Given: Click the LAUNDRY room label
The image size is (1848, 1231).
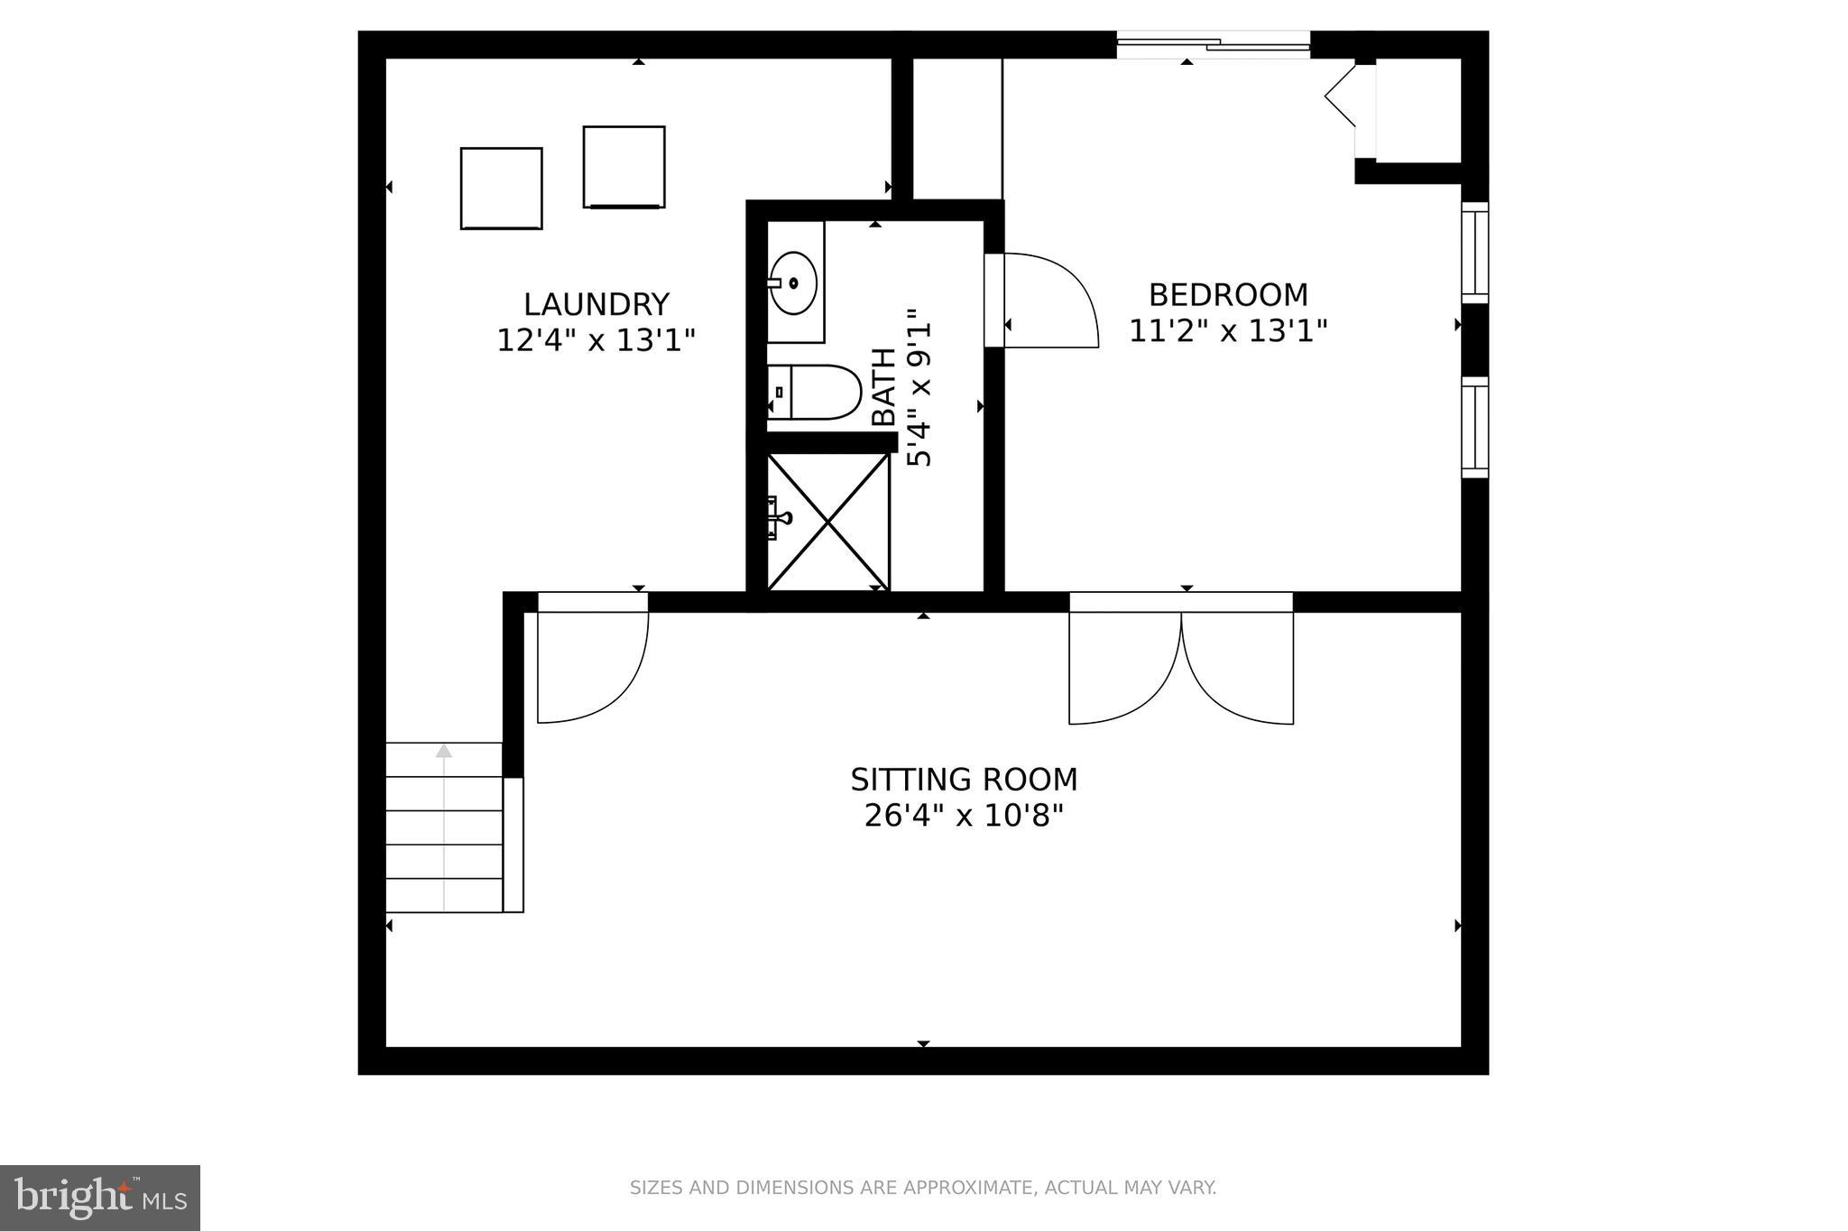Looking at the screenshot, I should coord(596,304).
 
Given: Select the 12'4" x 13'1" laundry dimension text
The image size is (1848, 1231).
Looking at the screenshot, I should coord(596,340).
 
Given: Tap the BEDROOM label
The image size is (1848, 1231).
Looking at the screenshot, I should coord(1228,295).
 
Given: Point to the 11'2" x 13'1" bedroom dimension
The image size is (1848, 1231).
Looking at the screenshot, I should coord(1228,331).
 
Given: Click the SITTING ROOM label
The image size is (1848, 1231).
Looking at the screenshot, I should coord(964,779).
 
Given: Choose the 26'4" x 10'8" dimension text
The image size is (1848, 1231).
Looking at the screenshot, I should coord(964,816).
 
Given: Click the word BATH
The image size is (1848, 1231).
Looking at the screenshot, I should coord(884,387).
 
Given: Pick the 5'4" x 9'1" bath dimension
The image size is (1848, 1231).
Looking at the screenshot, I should coord(919,387).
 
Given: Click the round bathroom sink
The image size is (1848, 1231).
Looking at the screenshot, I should coord(793,282).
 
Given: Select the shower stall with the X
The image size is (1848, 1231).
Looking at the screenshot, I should coord(827,522).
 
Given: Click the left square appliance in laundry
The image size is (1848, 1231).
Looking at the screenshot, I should coord(501,188).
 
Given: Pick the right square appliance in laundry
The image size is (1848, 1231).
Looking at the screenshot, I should coord(624,167).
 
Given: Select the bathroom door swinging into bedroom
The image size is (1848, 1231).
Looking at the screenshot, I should coord(1047,301).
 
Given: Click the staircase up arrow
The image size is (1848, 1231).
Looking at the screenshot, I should coord(443,751).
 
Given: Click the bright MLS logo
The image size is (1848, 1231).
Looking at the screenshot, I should coord(100,1198).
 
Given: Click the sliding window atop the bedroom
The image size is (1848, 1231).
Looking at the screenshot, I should coord(1212,44).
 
